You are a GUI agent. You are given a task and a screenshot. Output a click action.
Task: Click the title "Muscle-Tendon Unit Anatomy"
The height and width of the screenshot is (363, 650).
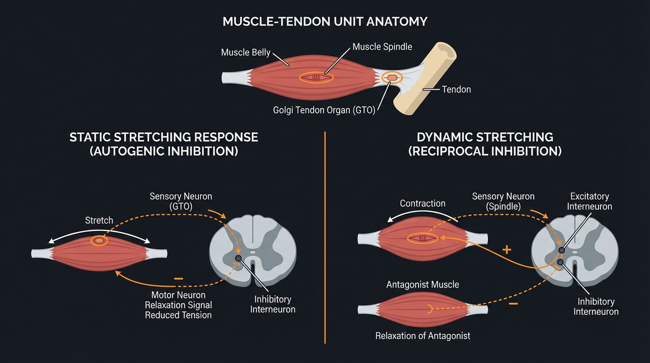pyautogui.click(x=325, y=22)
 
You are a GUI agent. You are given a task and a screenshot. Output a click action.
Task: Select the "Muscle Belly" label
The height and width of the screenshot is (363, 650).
pyautogui.click(x=246, y=52)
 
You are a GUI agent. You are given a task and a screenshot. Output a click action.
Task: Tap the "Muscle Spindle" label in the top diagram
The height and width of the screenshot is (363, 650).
pyautogui.click(x=382, y=47)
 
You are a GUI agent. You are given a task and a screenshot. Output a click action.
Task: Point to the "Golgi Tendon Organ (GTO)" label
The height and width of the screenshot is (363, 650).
pyautogui.click(x=324, y=110)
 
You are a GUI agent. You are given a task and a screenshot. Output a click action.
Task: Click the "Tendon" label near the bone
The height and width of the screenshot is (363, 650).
pyautogui.click(x=456, y=89)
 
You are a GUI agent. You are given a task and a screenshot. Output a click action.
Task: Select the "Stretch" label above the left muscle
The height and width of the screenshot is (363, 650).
pyautogui.click(x=99, y=220)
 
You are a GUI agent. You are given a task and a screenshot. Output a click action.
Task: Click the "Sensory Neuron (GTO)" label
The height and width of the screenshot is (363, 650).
pyautogui.click(x=181, y=201)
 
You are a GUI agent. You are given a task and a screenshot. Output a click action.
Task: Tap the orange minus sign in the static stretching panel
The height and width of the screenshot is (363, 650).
pyautogui.click(x=178, y=279)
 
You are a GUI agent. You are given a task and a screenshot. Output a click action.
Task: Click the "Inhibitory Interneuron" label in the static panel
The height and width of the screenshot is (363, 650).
pyautogui.click(x=273, y=304)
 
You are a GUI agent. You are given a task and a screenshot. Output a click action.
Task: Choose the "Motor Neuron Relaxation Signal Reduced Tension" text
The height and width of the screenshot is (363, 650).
pyautogui.click(x=178, y=305)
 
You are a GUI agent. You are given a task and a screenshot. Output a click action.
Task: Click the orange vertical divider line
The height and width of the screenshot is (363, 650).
pyautogui.click(x=325, y=236)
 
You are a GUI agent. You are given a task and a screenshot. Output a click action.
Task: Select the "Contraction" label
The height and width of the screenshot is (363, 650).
pyautogui.click(x=422, y=203)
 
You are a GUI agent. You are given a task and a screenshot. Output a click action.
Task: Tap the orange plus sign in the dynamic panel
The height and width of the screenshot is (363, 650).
pyautogui.click(x=506, y=250)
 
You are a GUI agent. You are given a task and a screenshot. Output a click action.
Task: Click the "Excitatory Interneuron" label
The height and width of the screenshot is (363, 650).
pyautogui.click(x=589, y=201)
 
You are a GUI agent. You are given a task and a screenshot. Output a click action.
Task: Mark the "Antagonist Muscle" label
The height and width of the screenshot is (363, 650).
pyautogui.click(x=422, y=285)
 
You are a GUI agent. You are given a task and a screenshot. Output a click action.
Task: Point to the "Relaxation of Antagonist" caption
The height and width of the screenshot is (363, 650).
pyautogui.click(x=422, y=336)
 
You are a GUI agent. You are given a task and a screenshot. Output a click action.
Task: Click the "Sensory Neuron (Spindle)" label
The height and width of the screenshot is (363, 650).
pyautogui.click(x=503, y=201)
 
